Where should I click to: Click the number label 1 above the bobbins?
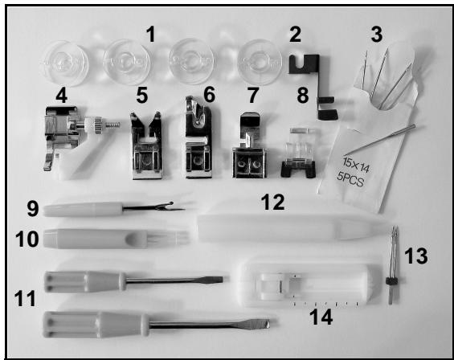[151, 35]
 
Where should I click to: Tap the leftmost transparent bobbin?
[64, 63]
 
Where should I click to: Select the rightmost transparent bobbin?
[260, 62]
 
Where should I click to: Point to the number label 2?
[295, 35]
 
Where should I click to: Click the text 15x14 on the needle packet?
[356, 165]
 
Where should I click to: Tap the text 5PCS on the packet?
[350, 180]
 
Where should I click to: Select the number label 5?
[142, 96]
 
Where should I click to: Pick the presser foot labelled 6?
[198, 137]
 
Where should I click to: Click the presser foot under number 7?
[249, 145]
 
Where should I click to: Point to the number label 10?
[27, 239]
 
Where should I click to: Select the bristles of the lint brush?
[169, 239]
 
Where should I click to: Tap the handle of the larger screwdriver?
[96, 325]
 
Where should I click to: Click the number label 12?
[272, 202]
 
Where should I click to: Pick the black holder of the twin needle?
[391, 280]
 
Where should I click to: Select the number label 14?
[321, 317]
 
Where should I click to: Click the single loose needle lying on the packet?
[379, 140]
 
